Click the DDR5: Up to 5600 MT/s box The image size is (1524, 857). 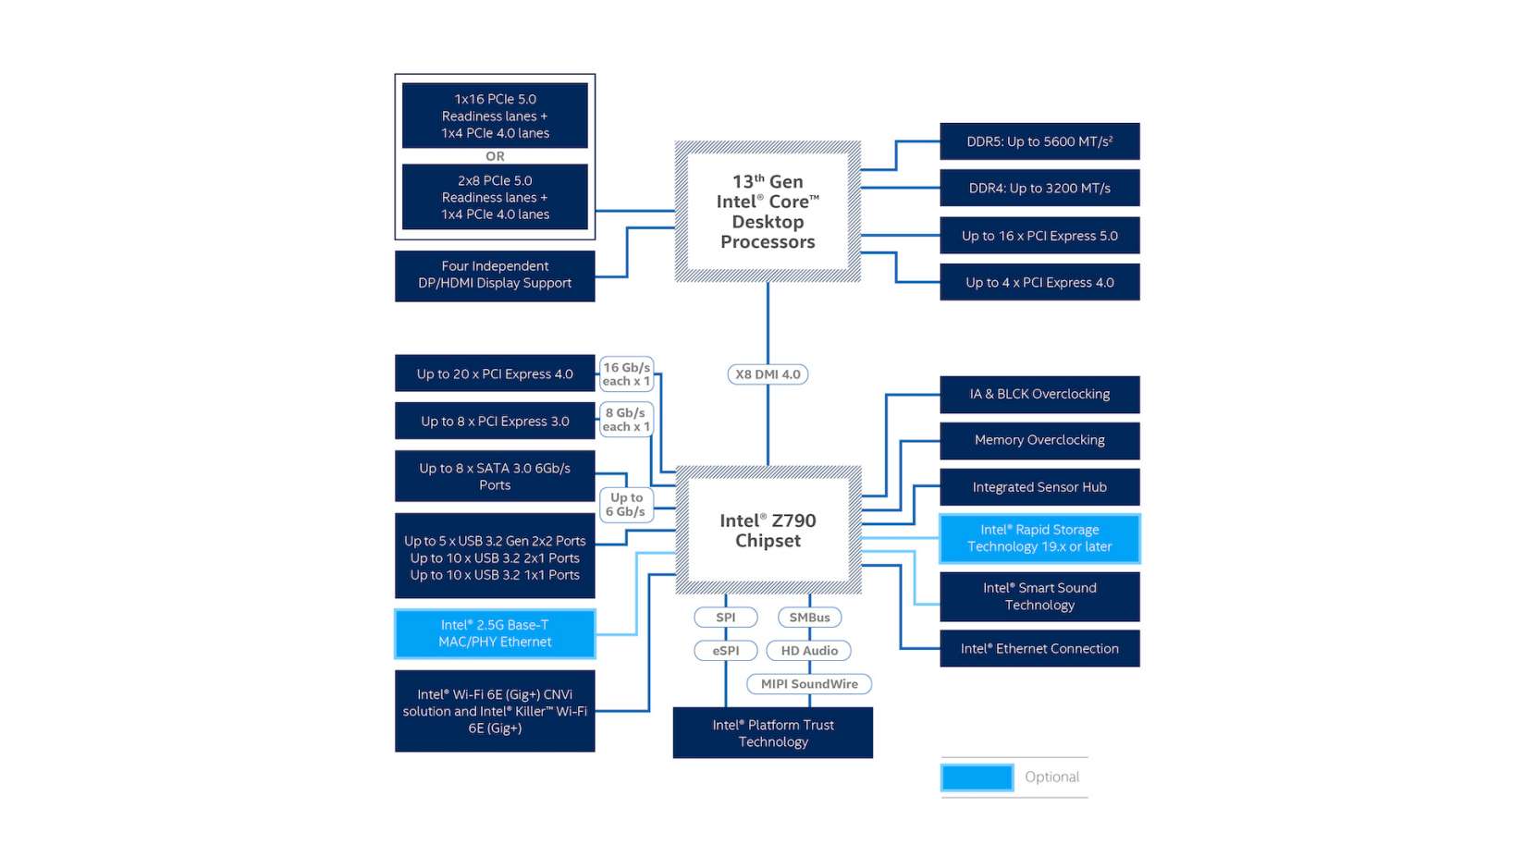[1039, 141]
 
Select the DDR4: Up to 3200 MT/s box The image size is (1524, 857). [1039, 188]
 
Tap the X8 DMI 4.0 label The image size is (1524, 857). [768, 374]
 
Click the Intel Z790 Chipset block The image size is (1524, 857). [768, 531]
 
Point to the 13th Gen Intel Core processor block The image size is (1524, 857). [768, 212]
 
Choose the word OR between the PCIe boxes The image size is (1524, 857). [495, 156]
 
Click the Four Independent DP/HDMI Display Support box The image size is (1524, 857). [495, 275]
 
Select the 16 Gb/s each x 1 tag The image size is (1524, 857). [626, 374]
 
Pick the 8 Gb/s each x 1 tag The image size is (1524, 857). [626, 420]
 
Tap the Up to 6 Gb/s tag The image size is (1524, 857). [626, 505]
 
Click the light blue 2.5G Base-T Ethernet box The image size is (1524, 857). [495, 633]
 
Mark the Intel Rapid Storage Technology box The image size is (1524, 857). [1039, 538]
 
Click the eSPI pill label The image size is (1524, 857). [726, 651]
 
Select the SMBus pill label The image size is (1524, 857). [809, 618]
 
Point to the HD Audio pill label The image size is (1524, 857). [809, 651]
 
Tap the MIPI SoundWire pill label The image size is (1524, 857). [809, 684]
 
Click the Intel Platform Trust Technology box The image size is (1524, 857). [772, 733]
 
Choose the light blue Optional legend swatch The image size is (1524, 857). [977, 777]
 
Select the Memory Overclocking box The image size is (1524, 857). [1039, 440]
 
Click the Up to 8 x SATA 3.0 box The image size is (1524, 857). [495, 476]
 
